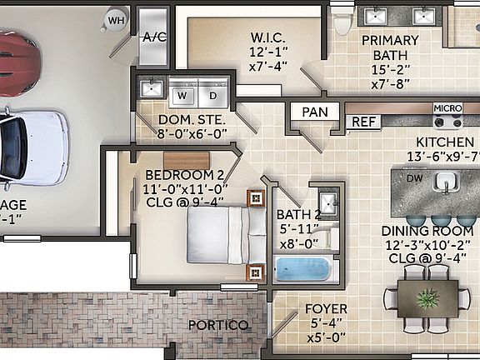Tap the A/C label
click(x=154, y=37)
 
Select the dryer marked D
click(x=212, y=95)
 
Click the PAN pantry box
click(x=314, y=112)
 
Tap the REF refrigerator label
click(x=362, y=122)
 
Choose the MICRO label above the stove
click(x=447, y=108)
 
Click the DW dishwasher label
click(x=414, y=178)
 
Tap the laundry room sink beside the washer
click(x=152, y=87)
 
